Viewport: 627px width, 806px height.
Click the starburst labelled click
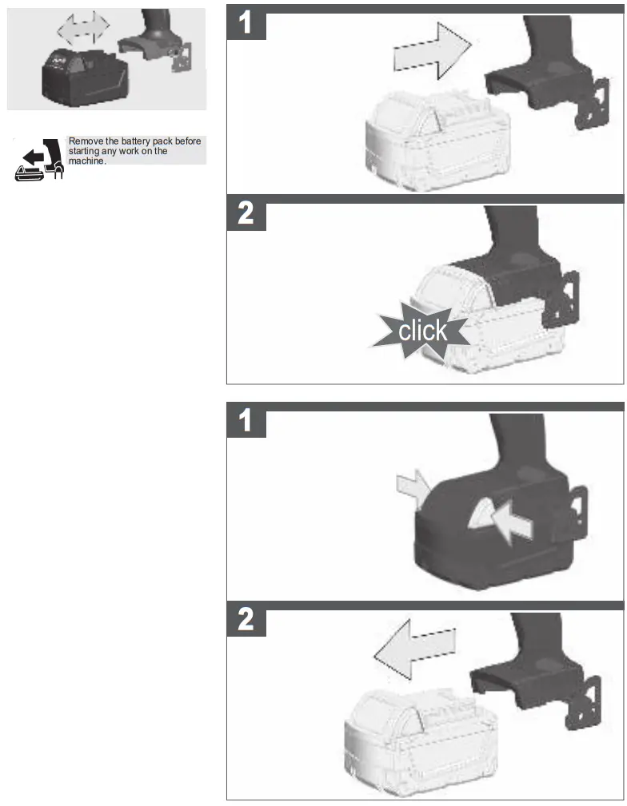point(421,330)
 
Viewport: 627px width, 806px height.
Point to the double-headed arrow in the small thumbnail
point(83,29)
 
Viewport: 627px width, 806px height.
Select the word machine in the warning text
point(86,161)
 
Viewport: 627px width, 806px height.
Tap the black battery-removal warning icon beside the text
point(38,161)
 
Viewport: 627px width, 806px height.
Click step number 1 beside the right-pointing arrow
point(247,24)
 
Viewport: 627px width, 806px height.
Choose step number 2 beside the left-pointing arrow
point(247,621)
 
